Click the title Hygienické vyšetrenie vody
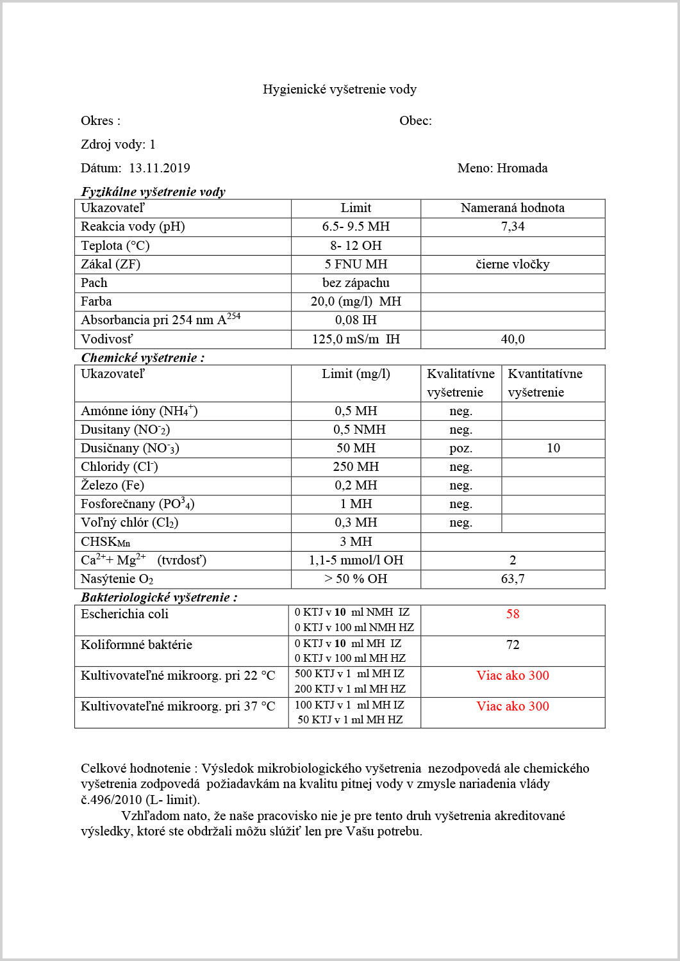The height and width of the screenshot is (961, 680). [340, 89]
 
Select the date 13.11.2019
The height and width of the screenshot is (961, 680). [160, 168]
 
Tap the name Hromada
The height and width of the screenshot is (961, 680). [522, 168]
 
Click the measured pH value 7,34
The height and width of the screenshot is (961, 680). [513, 226]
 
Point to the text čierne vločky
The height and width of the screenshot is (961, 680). [513, 264]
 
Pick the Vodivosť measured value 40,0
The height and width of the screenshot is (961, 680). [513, 339]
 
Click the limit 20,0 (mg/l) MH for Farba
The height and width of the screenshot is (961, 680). [356, 301]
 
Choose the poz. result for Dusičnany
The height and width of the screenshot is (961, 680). [461, 448]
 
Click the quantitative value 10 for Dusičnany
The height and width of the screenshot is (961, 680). [554, 448]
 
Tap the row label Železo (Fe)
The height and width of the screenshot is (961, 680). [113, 485]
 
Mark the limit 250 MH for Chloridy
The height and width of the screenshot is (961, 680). [356, 466]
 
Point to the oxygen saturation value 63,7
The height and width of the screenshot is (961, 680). [513, 579]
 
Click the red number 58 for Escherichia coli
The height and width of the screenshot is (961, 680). [513, 614]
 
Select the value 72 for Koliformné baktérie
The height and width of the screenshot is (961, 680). [513, 645]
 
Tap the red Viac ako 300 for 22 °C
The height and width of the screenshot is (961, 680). [513, 675]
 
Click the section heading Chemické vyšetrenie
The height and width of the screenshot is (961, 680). [142, 357]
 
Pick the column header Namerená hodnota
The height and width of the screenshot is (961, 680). [513, 208]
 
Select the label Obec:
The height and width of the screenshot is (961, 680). [415, 120]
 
